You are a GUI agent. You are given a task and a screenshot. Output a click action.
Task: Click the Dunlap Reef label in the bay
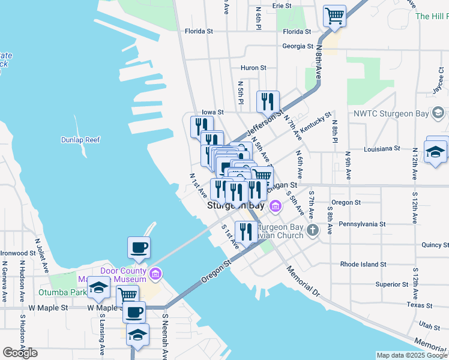coord(80,140)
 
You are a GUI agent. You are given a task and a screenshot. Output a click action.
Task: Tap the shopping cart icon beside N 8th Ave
coord(334,16)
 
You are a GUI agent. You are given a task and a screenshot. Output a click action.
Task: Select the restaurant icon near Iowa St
coord(268,101)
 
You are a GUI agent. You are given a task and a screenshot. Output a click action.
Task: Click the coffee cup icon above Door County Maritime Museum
coord(139,248)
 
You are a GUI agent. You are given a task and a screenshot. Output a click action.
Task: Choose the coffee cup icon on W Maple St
coord(134,313)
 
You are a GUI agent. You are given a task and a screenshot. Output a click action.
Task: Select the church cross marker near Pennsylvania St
coord(313,230)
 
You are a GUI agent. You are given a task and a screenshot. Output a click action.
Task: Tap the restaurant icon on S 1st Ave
coord(246,232)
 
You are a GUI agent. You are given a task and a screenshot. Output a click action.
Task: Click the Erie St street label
coord(282,5)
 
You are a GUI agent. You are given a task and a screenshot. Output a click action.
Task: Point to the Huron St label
coord(253,68)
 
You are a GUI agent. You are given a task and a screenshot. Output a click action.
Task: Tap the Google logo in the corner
coord(20,352)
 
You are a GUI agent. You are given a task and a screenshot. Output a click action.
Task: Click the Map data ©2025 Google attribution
coord(412,355)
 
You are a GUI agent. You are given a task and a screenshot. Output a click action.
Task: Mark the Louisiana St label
coord(381,148)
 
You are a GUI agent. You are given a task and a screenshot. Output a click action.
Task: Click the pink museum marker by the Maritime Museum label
coord(155,274)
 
